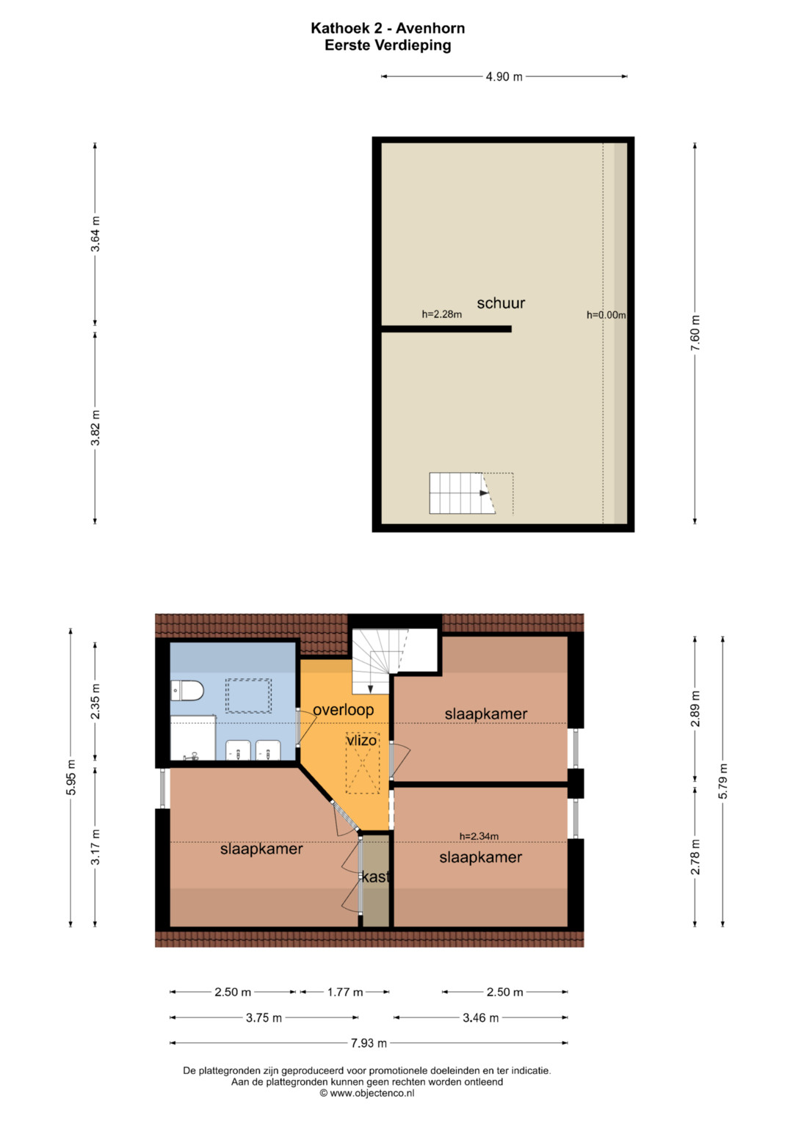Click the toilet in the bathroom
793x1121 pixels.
[x=187, y=691]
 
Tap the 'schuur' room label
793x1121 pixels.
[x=501, y=303]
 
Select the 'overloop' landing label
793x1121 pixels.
[x=344, y=710]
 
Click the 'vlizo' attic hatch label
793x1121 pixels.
[x=361, y=740]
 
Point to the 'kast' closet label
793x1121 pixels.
[x=376, y=877]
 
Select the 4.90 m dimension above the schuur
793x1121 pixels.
[x=504, y=76]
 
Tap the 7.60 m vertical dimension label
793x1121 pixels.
[x=695, y=333]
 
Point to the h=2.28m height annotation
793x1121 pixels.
[x=441, y=314]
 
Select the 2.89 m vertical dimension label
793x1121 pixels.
[x=695, y=708]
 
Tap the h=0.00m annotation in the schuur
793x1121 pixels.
[x=606, y=315]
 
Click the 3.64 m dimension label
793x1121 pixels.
[x=95, y=233]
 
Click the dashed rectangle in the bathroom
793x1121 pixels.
[x=248, y=696]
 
